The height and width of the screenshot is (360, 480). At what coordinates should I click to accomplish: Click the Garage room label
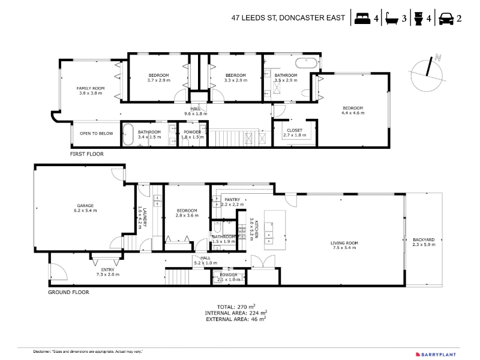point(85,208)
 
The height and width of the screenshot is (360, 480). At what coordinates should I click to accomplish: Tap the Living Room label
point(344,245)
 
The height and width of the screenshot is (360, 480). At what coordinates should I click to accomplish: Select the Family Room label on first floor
point(91,91)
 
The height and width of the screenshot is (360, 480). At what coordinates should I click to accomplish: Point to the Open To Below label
point(97,133)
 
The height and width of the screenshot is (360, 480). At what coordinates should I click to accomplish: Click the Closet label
point(295,133)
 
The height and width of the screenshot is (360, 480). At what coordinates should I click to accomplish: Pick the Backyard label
point(424,242)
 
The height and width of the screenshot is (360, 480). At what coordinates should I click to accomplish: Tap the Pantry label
point(232,202)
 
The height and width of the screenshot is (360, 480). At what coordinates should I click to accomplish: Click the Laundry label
point(143,217)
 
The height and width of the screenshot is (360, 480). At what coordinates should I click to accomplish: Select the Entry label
point(108,272)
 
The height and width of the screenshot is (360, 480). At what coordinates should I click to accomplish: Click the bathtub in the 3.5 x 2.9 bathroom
point(306,63)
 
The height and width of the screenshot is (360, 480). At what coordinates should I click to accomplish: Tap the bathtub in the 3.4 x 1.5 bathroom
point(128,134)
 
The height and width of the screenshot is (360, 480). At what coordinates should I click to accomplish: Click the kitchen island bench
point(275,230)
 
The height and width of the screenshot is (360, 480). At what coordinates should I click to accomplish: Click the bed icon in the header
point(362,19)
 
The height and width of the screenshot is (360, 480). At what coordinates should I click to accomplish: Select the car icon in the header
point(446,19)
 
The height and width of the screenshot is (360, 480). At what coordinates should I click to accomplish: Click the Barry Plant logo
point(436,355)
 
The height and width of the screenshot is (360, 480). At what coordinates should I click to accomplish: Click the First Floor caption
point(87,154)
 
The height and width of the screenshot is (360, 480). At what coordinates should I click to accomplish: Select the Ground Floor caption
point(68,292)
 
